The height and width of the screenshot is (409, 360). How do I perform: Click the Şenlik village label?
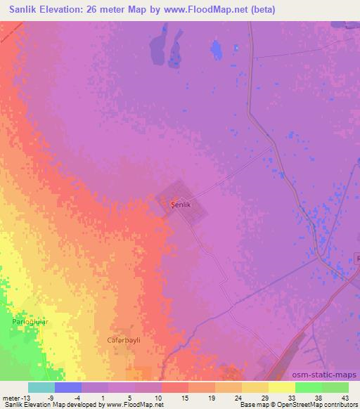pos(181,204)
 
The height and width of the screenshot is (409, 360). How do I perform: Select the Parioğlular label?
pos(30,320)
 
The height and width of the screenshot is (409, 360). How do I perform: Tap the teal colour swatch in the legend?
pos(41,387)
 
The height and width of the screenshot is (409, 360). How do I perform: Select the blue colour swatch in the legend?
pos(68,387)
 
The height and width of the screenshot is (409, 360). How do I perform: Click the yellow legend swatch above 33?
pos(281,387)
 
